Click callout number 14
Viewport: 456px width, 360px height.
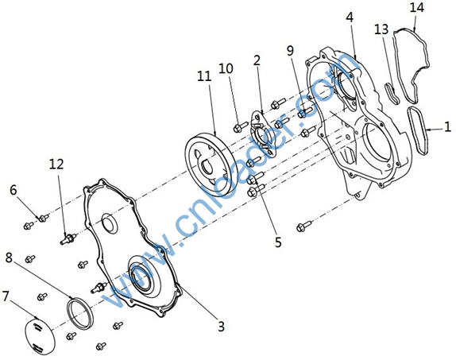[x=417, y=8]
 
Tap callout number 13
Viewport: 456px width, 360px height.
[x=381, y=29]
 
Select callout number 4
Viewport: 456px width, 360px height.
[x=350, y=17]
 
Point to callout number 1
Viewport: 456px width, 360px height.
[x=447, y=126]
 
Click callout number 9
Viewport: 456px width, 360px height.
[x=290, y=51]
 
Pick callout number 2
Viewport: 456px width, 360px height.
[x=257, y=60]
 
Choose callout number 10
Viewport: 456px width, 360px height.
[x=226, y=68]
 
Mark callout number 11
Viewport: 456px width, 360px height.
[x=204, y=76]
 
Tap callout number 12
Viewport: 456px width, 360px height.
[x=56, y=165]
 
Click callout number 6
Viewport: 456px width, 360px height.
[x=14, y=190]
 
